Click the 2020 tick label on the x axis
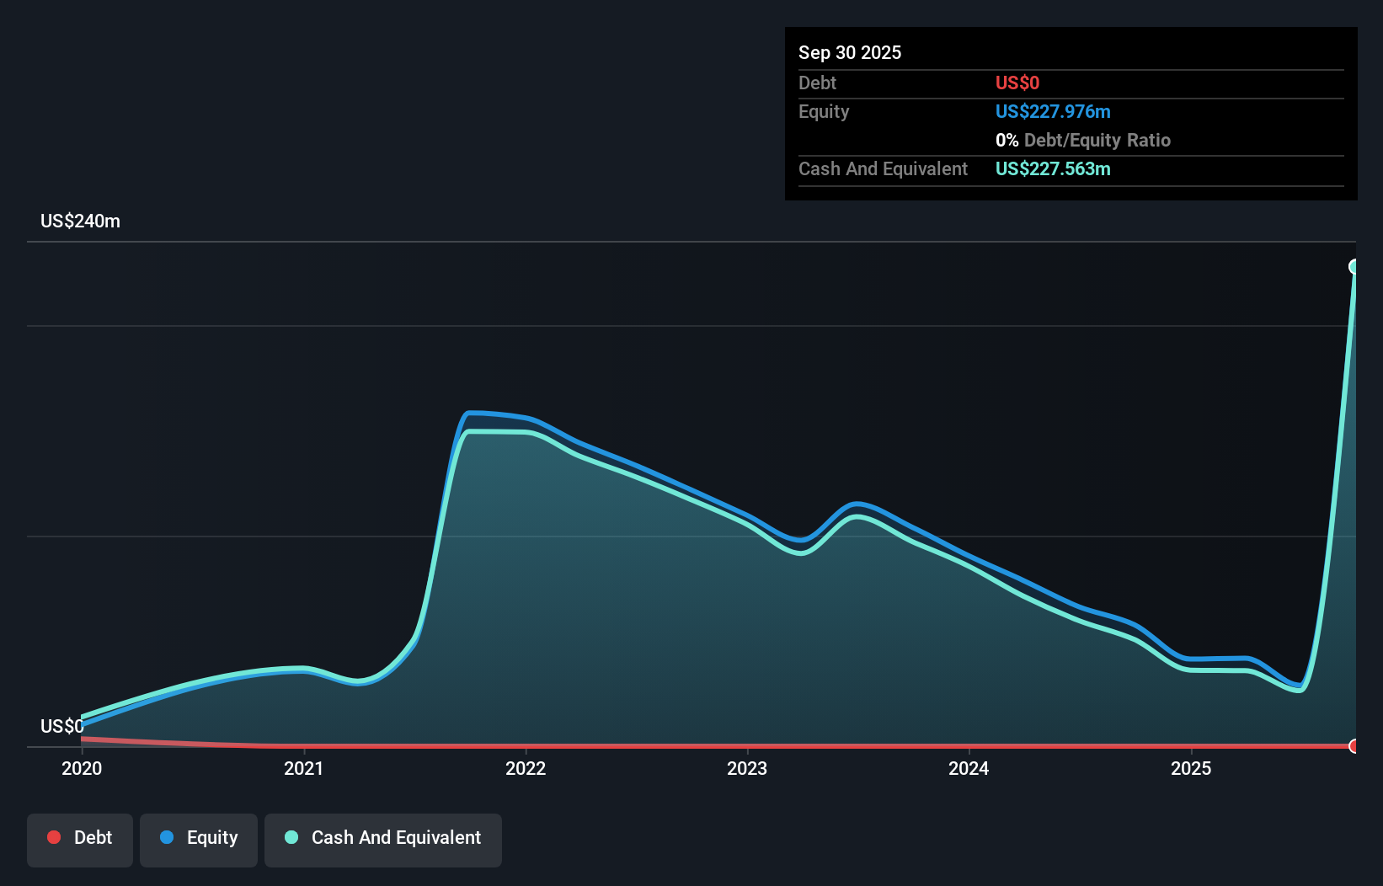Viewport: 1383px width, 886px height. [x=82, y=768]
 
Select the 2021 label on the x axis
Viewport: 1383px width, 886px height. [x=303, y=768]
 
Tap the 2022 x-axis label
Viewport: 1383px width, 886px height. [x=526, y=768]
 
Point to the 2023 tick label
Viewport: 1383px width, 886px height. [x=747, y=768]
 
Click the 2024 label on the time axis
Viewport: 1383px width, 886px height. [x=969, y=768]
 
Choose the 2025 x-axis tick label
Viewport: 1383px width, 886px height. [x=1191, y=768]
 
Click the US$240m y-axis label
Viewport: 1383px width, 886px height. [x=80, y=221]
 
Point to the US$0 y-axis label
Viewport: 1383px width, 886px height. [x=61, y=726]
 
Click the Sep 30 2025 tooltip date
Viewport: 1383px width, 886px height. [x=849, y=52]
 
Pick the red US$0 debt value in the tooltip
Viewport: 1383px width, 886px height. [x=1017, y=83]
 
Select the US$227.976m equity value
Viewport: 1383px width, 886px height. [x=1052, y=111]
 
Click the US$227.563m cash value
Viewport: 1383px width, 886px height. [x=1052, y=168]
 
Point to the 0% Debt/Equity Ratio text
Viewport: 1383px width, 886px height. [x=1082, y=140]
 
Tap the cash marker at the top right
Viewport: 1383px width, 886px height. [x=1354, y=267]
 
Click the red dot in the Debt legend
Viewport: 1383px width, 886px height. [x=54, y=837]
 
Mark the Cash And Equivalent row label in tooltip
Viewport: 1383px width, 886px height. [x=883, y=168]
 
